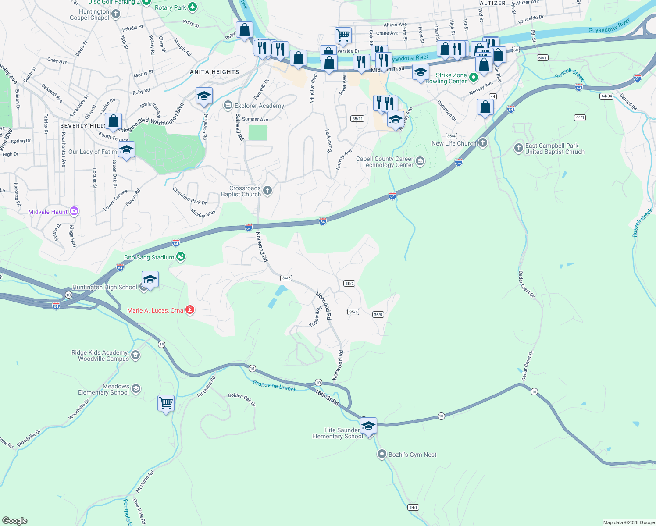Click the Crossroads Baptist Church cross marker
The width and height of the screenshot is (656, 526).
[x=267, y=191]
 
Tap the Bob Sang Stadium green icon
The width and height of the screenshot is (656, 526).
[x=181, y=257]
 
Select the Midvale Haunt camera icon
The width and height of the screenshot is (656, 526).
[x=74, y=211]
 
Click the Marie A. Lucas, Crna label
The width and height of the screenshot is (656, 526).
[x=155, y=310]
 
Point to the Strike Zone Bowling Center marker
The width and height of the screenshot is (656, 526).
[x=473, y=78]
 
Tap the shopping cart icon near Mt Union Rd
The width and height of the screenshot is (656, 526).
[x=166, y=402]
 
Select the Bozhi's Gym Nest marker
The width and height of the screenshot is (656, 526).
[x=382, y=454]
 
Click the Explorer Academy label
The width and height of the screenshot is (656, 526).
[x=259, y=106]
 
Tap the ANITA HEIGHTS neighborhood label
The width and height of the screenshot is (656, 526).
[x=214, y=72]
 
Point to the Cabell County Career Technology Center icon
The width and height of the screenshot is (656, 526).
[x=420, y=162]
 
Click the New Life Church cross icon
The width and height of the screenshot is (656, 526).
[x=483, y=143]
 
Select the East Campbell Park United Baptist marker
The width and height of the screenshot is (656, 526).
[x=519, y=148]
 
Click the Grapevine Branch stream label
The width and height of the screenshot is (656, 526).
[x=275, y=386]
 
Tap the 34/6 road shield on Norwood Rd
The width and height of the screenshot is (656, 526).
[x=286, y=278]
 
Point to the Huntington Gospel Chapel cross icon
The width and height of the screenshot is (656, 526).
[x=116, y=14]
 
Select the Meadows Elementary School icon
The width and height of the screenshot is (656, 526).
[x=136, y=389]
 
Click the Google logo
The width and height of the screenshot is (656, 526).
[x=15, y=521]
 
